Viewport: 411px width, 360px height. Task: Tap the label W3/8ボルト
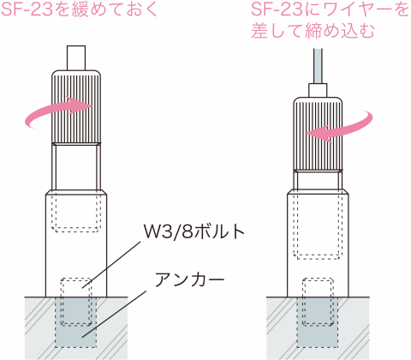(194, 231)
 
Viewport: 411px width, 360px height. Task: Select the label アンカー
(189, 279)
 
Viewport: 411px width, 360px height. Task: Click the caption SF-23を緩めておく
(80, 9)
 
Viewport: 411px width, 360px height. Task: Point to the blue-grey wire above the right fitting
(318, 66)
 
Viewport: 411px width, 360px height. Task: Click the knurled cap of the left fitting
(76, 106)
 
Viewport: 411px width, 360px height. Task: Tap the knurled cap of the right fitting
(318, 134)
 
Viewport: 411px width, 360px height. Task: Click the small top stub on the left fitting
(76, 57)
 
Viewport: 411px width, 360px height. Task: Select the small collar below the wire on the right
(318, 90)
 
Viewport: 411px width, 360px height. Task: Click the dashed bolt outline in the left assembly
(76, 302)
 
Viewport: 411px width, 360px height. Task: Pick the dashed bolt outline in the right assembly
(318, 302)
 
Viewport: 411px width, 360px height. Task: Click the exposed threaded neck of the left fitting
(76, 167)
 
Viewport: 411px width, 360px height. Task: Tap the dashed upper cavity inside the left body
(76, 212)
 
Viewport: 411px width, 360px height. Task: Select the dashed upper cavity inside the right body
(318, 225)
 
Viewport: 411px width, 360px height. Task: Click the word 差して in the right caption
(277, 31)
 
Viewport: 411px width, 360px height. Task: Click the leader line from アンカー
(115, 315)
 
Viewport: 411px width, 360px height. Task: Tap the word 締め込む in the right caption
(340, 31)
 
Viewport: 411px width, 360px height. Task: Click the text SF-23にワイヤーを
(331, 9)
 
